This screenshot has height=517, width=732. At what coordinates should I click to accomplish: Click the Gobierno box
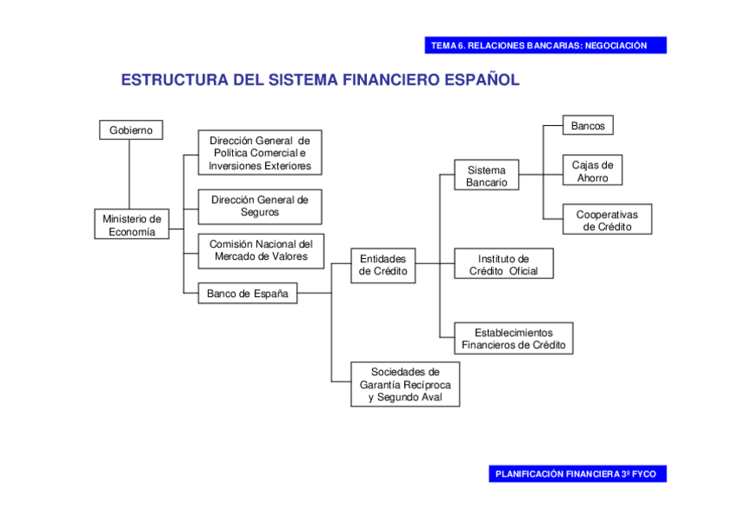click(130, 130)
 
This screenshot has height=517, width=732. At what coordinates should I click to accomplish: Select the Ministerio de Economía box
click(131, 224)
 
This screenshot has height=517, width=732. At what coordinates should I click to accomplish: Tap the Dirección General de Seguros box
click(260, 205)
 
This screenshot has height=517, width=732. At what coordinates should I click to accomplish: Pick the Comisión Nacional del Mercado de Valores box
click(260, 250)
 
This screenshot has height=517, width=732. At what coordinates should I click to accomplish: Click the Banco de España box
click(247, 293)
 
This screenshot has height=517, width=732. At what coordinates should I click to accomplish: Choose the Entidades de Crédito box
click(382, 265)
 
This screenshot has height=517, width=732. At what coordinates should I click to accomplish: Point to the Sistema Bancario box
click(486, 176)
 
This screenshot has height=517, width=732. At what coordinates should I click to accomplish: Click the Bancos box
click(588, 126)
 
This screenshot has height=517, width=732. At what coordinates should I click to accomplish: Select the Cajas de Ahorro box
click(592, 171)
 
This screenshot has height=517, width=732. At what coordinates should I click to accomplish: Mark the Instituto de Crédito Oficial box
click(503, 264)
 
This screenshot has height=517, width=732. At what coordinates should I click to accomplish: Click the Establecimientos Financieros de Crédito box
click(514, 338)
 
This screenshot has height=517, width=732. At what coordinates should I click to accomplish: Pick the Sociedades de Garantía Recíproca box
click(405, 384)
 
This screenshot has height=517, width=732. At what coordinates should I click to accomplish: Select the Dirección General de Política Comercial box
click(260, 153)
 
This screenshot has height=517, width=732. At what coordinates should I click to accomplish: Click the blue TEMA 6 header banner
click(545, 46)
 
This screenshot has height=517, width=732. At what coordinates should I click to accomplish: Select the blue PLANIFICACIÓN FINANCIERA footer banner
click(576, 474)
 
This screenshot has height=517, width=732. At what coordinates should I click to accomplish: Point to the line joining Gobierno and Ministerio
click(129, 173)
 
